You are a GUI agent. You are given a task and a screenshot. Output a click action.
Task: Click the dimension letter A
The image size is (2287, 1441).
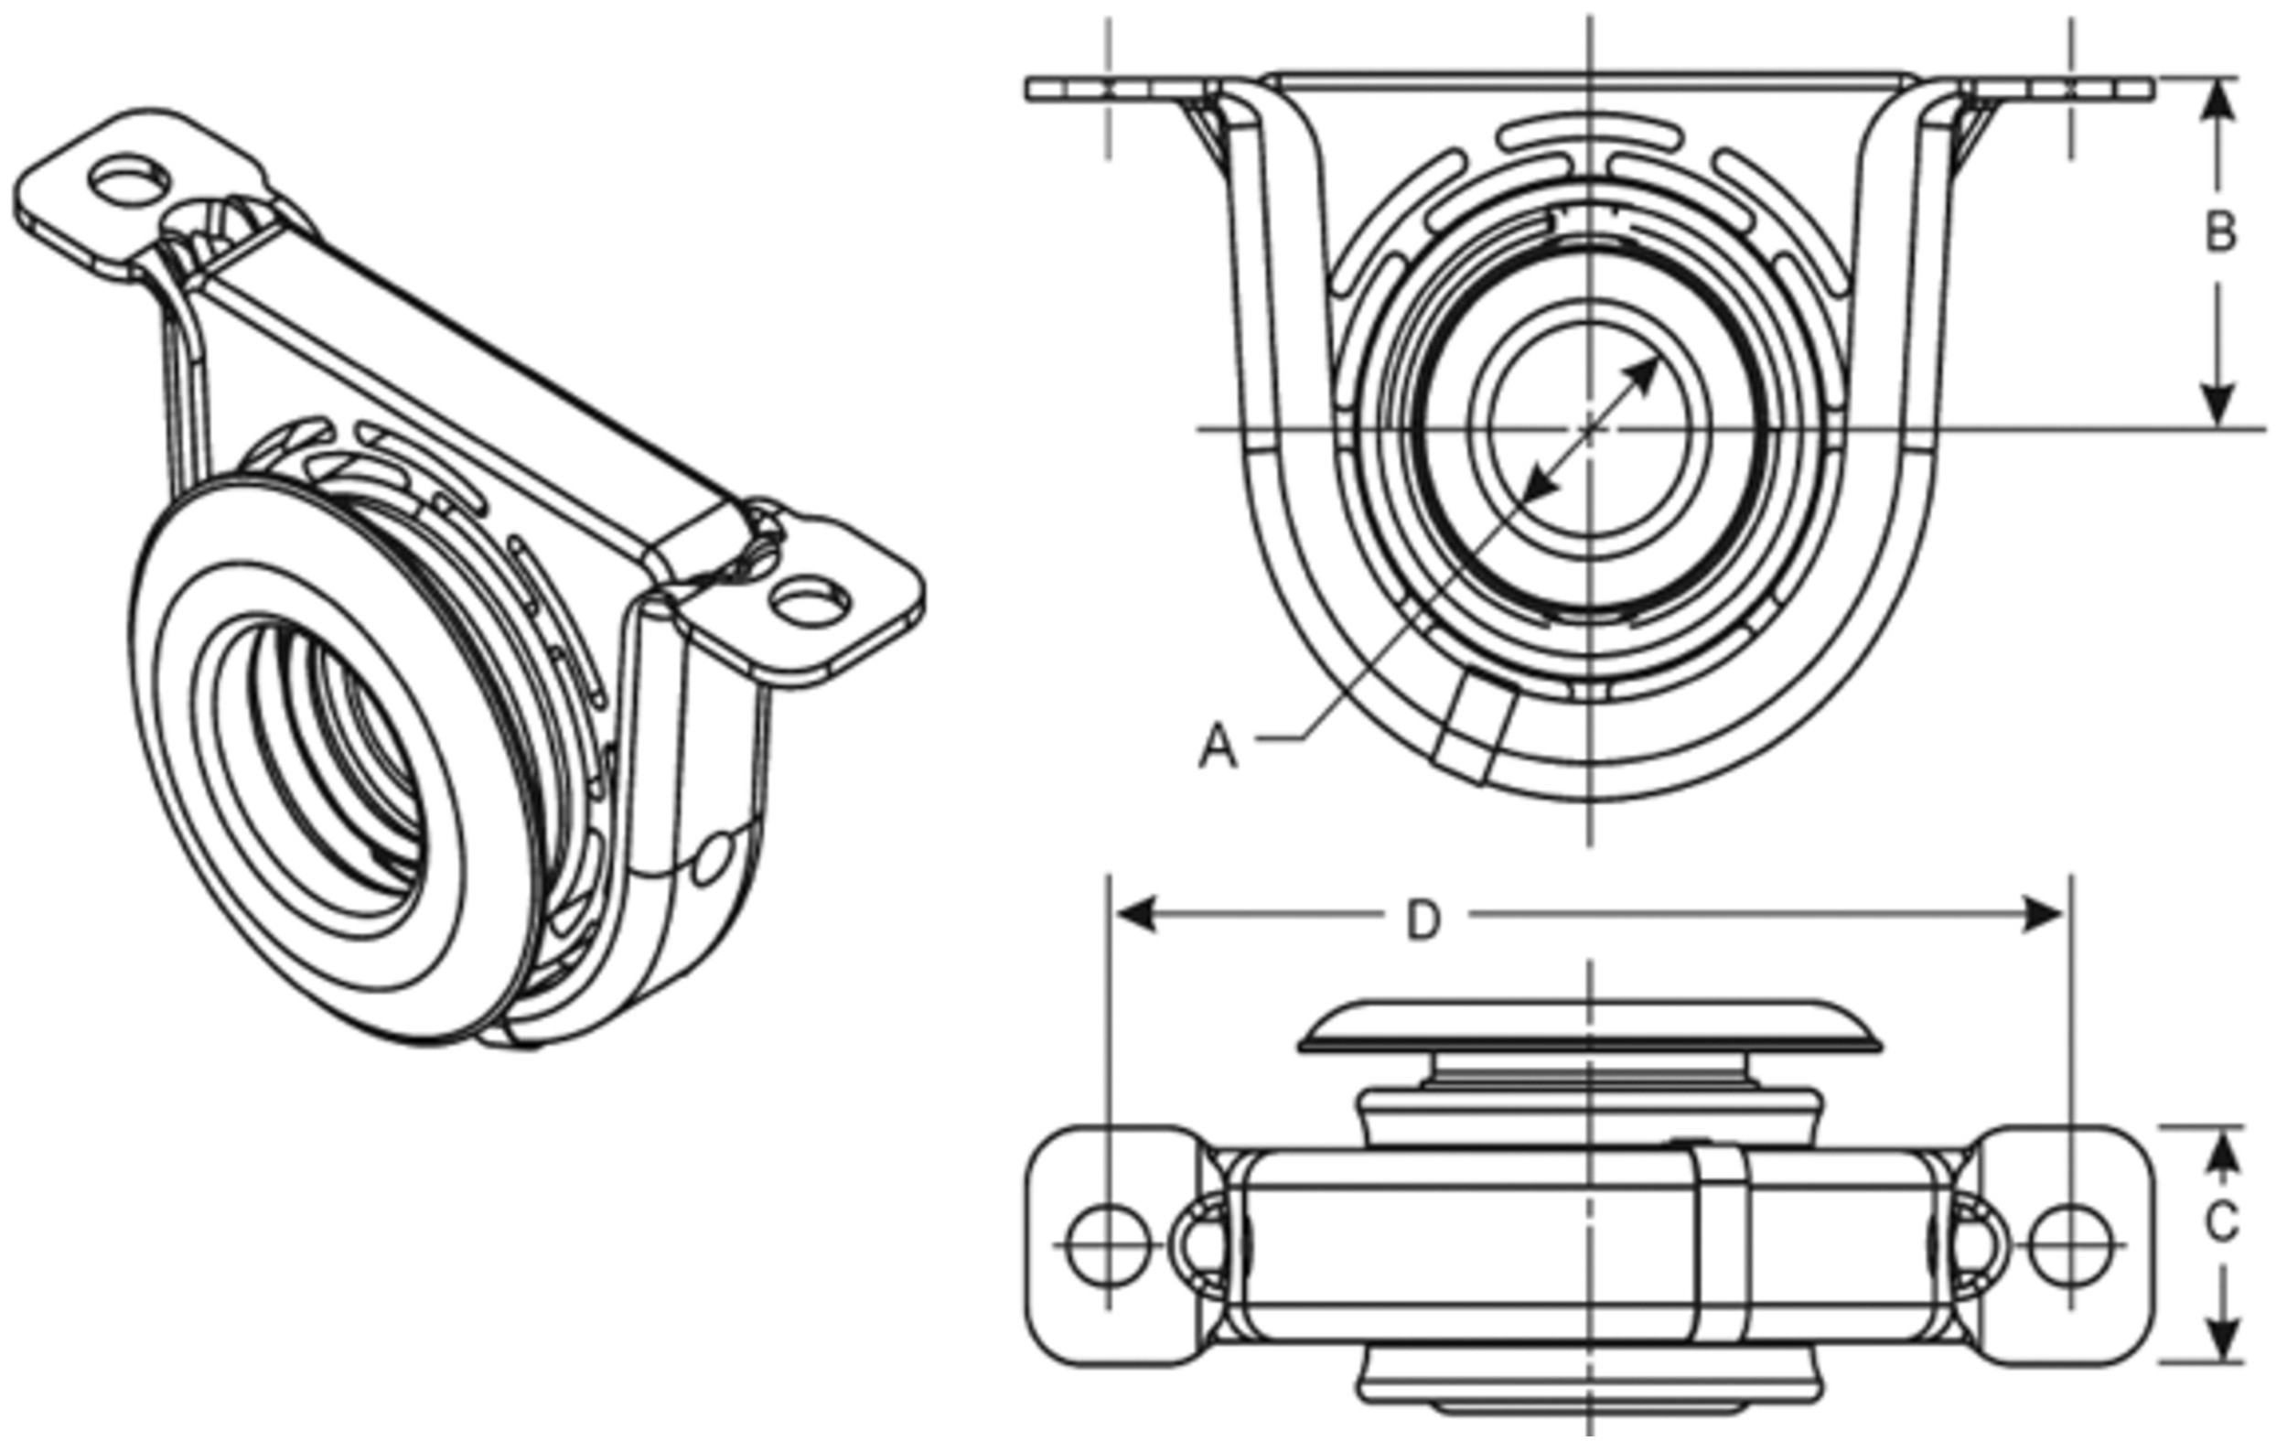[1219, 747]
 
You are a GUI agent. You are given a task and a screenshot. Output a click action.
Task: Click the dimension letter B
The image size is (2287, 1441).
[2218, 232]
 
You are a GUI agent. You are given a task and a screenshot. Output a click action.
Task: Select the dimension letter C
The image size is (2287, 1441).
[2220, 1223]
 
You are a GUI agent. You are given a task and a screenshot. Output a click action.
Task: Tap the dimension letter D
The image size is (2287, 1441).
[1423, 919]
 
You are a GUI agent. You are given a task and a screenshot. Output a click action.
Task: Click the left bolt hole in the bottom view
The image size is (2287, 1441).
[1109, 1243]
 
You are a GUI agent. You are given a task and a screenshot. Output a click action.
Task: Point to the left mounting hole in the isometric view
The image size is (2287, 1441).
[129, 179]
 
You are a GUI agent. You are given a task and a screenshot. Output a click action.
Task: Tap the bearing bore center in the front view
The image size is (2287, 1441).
[1591, 429]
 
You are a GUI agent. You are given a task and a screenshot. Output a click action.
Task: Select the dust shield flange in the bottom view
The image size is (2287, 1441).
[1590, 1029]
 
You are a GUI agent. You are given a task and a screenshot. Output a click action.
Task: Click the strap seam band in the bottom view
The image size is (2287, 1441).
[1721, 1244]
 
